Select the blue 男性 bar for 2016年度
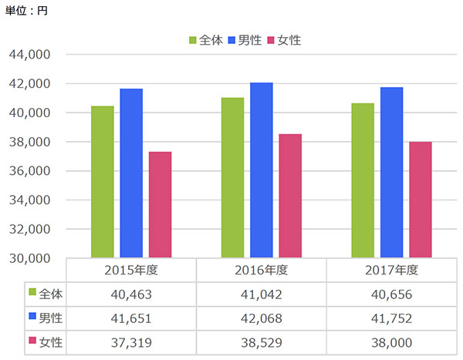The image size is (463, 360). (x=262, y=170)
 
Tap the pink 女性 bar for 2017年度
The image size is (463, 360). (x=421, y=200)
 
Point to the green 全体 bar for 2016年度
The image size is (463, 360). (x=232, y=178)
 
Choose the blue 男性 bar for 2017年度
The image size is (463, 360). (x=391, y=173)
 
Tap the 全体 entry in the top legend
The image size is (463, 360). (x=205, y=39)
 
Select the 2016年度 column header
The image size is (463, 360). (x=262, y=271)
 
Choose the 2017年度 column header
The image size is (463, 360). (x=391, y=271)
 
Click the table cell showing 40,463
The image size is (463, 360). (x=131, y=294)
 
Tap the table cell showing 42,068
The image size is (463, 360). (x=262, y=318)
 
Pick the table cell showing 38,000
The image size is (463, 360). (x=391, y=341)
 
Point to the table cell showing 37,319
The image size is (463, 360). (x=131, y=341)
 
